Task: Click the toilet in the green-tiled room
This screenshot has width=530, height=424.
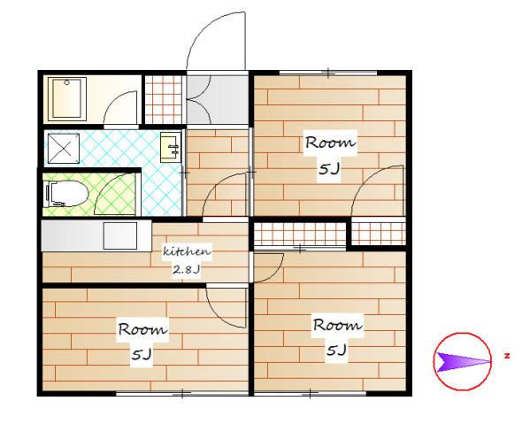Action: (67, 194)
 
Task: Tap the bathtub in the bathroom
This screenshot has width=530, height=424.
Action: (67, 99)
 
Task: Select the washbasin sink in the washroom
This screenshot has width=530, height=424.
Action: (171, 148)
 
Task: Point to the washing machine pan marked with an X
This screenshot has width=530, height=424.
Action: (64, 149)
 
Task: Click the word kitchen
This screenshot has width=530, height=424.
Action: (187, 251)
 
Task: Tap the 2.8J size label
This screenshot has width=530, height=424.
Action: (187, 269)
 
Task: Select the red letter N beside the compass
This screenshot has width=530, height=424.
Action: (507, 356)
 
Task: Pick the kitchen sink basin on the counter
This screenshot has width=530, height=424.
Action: (120, 235)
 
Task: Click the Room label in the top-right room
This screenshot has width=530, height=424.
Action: (330, 143)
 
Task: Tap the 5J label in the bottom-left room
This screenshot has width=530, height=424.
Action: (142, 354)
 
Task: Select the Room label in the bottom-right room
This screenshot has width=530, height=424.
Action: (338, 325)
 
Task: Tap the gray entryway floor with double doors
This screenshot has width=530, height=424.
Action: (217, 100)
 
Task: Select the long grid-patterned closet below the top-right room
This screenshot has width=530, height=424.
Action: (300, 234)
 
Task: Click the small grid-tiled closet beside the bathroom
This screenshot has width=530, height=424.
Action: (164, 99)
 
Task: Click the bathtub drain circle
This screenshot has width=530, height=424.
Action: (67, 82)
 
